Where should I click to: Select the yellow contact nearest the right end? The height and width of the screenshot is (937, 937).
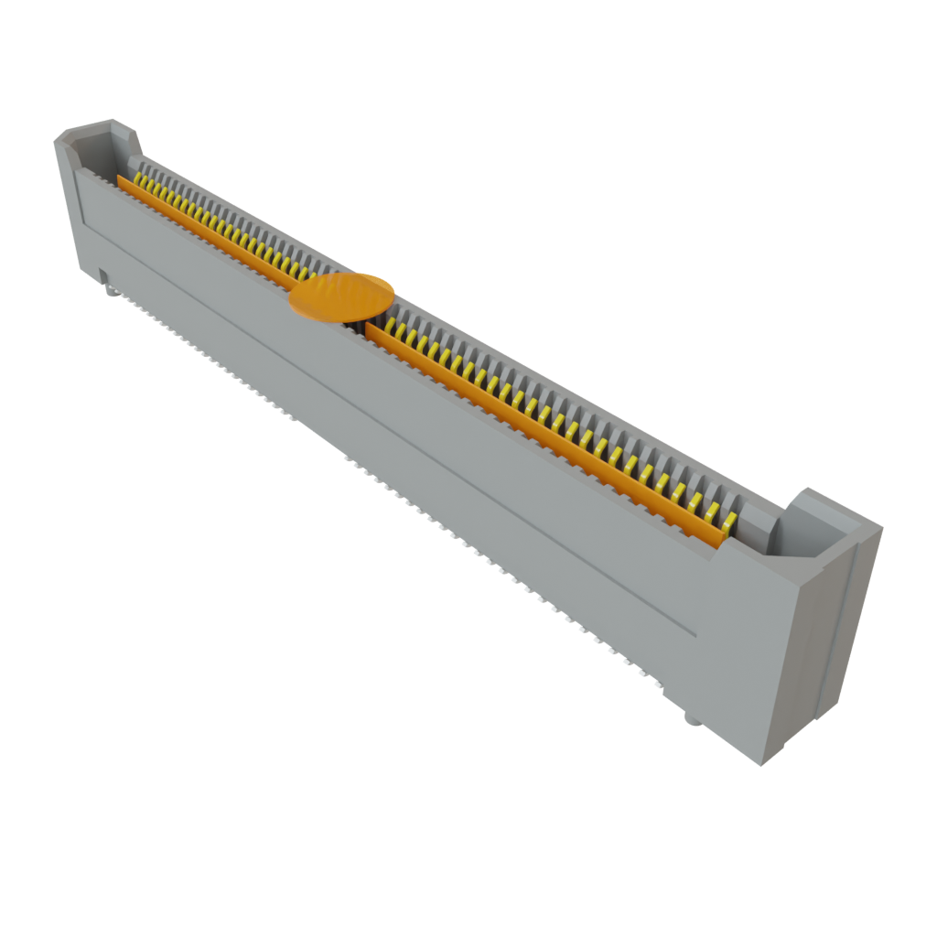[729, 522]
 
